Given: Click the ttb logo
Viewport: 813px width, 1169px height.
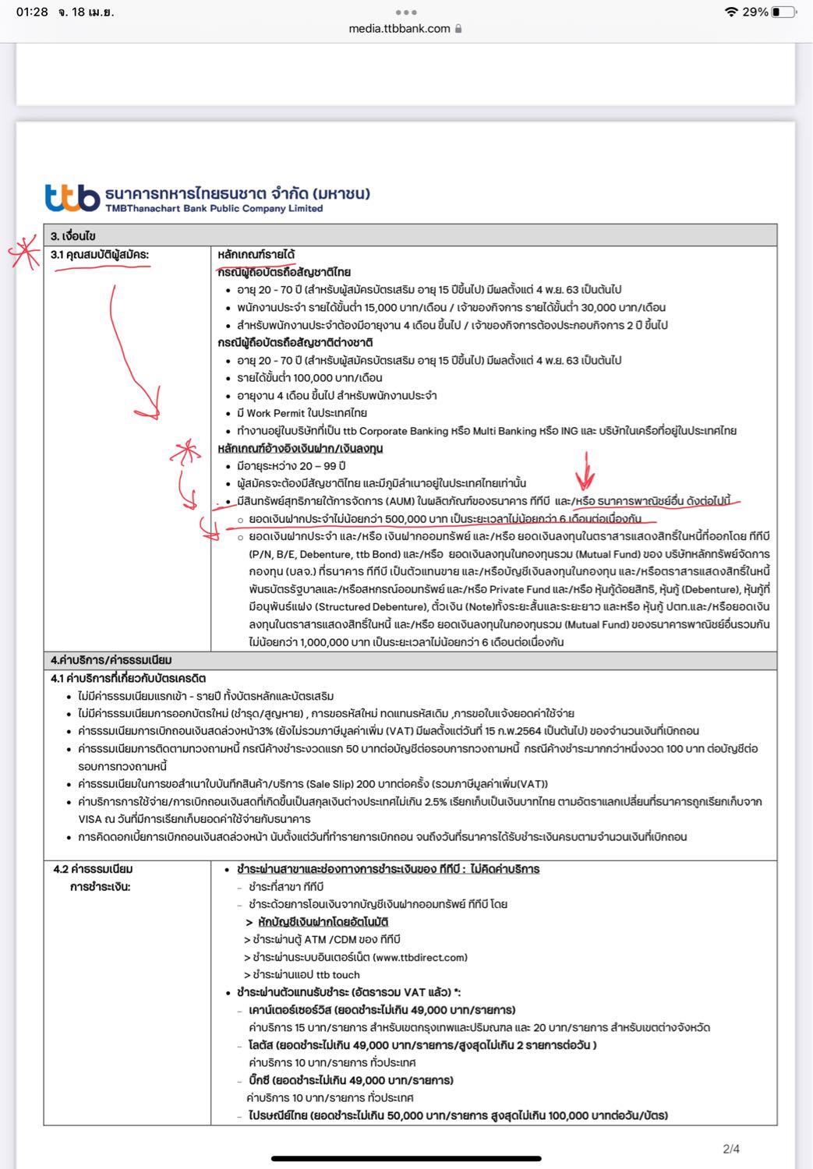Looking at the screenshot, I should pyautogui.click(x=72, y=198).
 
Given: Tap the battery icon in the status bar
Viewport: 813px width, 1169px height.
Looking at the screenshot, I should pyautogui.click(x=784, y=12).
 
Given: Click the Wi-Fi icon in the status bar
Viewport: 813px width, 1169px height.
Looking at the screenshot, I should pyautogui.click(x=730, y=12).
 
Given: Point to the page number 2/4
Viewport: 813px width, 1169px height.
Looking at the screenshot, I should pyautogui.click(x=731, y=1149).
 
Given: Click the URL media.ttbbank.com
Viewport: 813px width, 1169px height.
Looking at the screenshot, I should pyautogui.click(x=399, y=28).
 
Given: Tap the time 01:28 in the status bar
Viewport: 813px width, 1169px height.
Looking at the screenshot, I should pyautogui.click(x=32, y=12).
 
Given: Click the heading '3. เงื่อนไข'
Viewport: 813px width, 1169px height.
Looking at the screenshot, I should pyautogui.click(x=73, y=235).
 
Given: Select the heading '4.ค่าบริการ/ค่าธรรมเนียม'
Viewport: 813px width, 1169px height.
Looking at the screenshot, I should pyautogui.click(x=111, y=660).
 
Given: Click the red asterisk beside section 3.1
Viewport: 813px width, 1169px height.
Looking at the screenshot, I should pyautogui.click(x=23, y=253).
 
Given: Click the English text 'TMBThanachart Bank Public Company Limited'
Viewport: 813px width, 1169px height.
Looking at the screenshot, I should pyautogui.click(x=214, y=209).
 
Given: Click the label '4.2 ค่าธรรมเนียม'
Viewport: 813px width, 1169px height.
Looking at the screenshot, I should pyautogui.click(x=93, y=869).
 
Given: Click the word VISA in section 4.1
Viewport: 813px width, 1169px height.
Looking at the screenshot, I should pyautogui.click(x=90, y=819).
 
